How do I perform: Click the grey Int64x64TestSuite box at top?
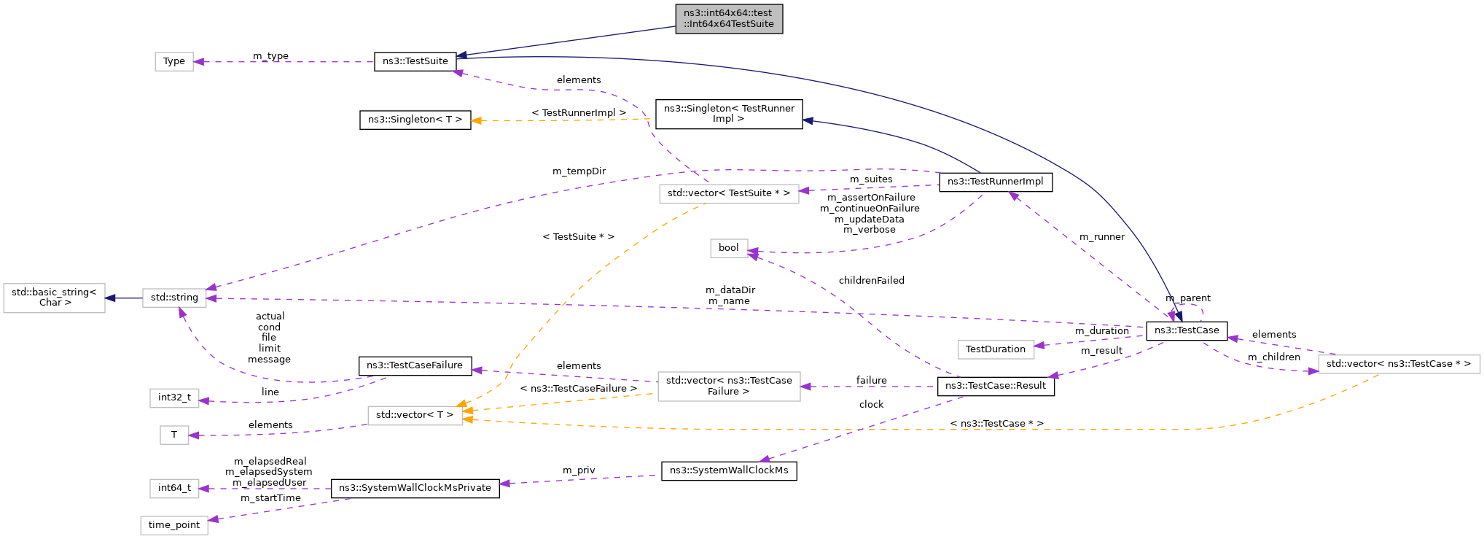tap(728, 19)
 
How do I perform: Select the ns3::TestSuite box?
tap(415, 61)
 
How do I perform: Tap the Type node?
tap(174, 61)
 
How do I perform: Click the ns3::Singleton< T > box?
tap(415, 120)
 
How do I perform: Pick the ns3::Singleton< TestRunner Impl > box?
tap(728, 114)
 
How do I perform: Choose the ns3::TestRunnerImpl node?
tap(995, 182)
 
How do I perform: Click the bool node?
tap(728, 248)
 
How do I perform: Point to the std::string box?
tap(174, 298)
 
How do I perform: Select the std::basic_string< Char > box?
tap(54, 298)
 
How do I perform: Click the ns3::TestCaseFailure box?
tap(415, 365)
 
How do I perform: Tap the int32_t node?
tap(174, 398)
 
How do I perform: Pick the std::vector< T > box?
tap(415, 415)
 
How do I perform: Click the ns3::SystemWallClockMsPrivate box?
tap(415, 488)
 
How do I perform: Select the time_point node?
tap(174, 525)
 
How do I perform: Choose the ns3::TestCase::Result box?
tap(995, 386)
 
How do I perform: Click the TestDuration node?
tap(995, 349)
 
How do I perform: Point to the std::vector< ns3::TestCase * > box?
tap(1398, 364)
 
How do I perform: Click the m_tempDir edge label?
tap(579, 171)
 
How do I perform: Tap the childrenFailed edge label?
tap(871, 281)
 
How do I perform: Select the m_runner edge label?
tap(1101, 237)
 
